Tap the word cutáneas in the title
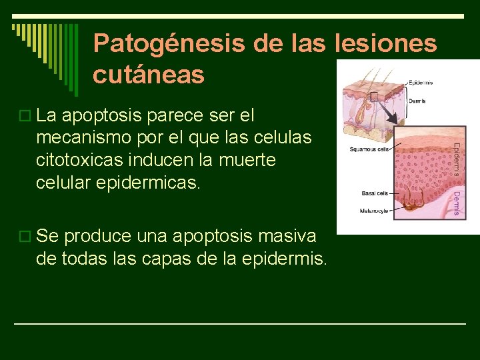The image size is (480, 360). pyautogui.click(x=149, y=75)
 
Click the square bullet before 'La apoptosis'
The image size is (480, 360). pyautogui.click(x=25, y=117)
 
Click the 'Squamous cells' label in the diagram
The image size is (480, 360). pyautogui.click(x=369, y=149)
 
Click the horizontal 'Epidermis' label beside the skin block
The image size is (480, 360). pyautogui.click(x=420, y=83)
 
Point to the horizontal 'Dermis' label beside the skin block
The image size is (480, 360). pyautogui.click(x=417, y=100)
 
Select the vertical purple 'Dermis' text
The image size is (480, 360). pyautogui.click(x=457, y=203)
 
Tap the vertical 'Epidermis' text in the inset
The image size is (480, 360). pyautogui.click(x=457, y=159)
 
